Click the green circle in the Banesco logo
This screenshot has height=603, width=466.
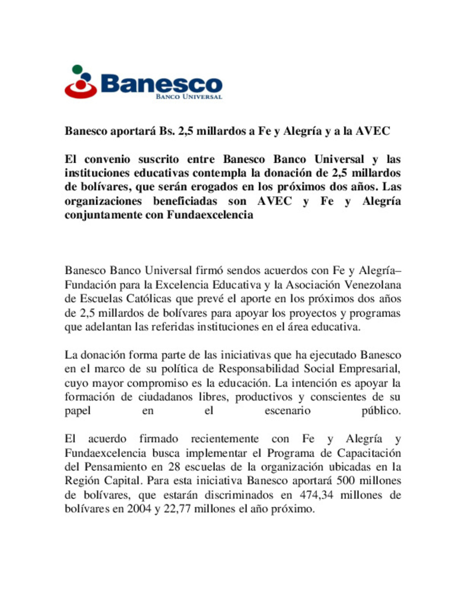coord(77,69)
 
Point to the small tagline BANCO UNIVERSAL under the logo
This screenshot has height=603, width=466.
coord(189,97)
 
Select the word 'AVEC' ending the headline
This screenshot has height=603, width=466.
coord(373,131)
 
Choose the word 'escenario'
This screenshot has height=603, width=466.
coord(287,411)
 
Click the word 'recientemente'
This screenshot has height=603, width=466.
coord(225,439)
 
